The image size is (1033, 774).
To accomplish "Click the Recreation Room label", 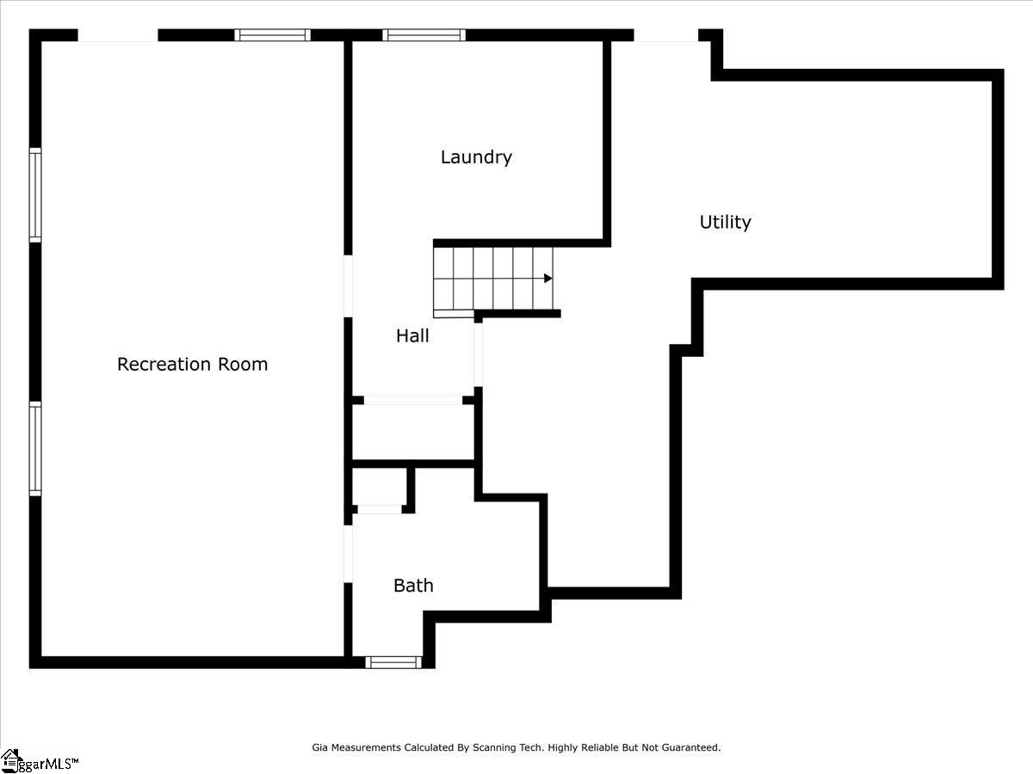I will click(x=192, y=364).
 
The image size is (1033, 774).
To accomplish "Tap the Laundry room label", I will click(x=476, y=157).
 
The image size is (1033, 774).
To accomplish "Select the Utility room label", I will click(x=725, y=222).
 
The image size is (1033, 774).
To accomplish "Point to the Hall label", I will click(x=412, y=335).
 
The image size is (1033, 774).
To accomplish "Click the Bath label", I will click(x=413, y=586).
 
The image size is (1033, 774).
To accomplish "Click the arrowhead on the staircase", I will click(x=547, y=278).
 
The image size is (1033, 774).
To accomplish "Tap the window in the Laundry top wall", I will click(x=424, y=35).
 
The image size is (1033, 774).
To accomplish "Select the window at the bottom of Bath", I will click(x=393, y=662).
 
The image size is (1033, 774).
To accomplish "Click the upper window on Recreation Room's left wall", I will click(x=35, y=194).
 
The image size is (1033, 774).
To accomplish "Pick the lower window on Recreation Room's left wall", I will click(x=35, y=449).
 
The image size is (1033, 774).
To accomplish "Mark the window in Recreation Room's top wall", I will click(x=273, y=35).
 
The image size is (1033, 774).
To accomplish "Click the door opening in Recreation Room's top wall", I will click(x=118, y=36).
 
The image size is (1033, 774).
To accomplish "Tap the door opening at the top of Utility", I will click(x=665, y=36).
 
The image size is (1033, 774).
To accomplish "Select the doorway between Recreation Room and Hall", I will click(x=348, y=286).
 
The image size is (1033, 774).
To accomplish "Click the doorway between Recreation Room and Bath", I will click(x=348, y=554).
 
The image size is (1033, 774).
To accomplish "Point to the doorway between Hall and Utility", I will click(x=479, y=353).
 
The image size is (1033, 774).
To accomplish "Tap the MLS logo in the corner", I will click(x=39, y=761).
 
